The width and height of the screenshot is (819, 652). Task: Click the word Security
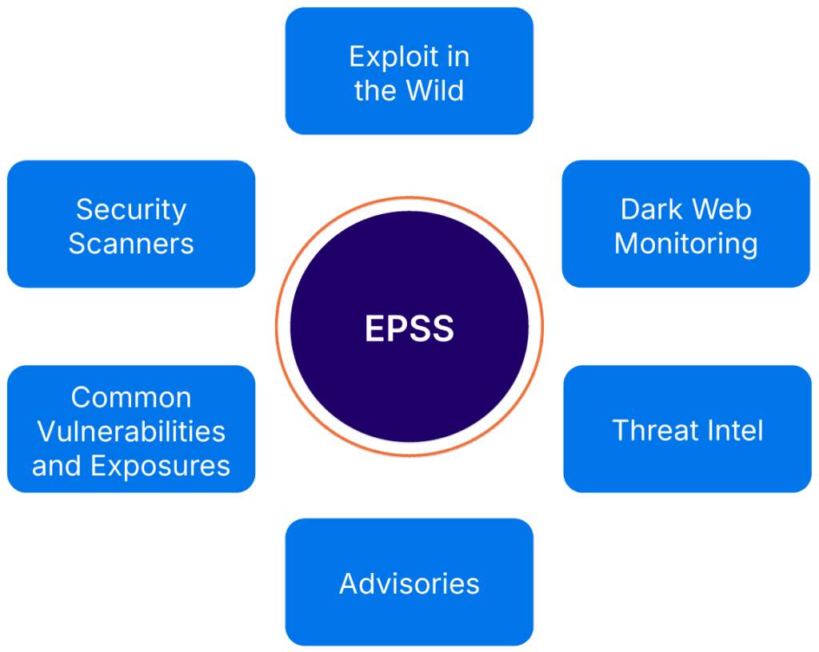131,210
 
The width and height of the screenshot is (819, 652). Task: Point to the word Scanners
131,244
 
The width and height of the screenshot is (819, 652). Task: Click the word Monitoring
686,244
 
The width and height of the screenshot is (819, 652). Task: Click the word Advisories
409,583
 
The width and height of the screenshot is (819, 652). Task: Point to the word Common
131,397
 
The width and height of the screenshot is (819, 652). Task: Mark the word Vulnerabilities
131,431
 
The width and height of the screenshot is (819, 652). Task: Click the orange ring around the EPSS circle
276,326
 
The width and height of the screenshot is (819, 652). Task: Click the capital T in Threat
621,430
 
